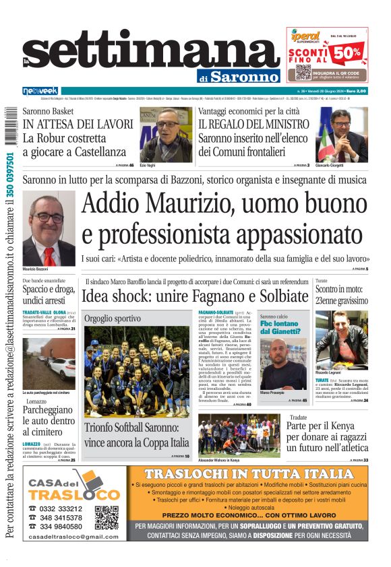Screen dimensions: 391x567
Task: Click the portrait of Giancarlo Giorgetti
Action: click(342, 135)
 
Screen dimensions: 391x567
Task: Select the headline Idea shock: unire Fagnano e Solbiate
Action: click(195, 296)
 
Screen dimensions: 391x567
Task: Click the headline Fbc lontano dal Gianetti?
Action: click(279, 327)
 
